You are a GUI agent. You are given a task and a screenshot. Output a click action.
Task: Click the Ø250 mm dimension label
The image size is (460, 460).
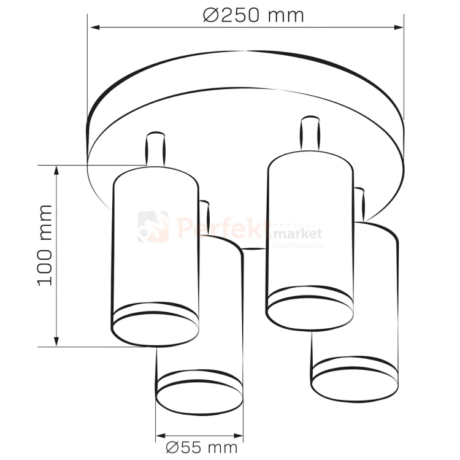pyautogui.click(x=253, y=15)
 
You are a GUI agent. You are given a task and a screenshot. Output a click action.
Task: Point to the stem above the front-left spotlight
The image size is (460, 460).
pyautogui.click(x=155, y=148)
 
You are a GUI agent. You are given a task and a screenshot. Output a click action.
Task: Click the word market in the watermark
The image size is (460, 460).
pyautogui.click(x=299, y=234)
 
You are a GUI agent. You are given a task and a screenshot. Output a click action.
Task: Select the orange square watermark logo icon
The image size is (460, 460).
pyautogui.click(x=153, y=227)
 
